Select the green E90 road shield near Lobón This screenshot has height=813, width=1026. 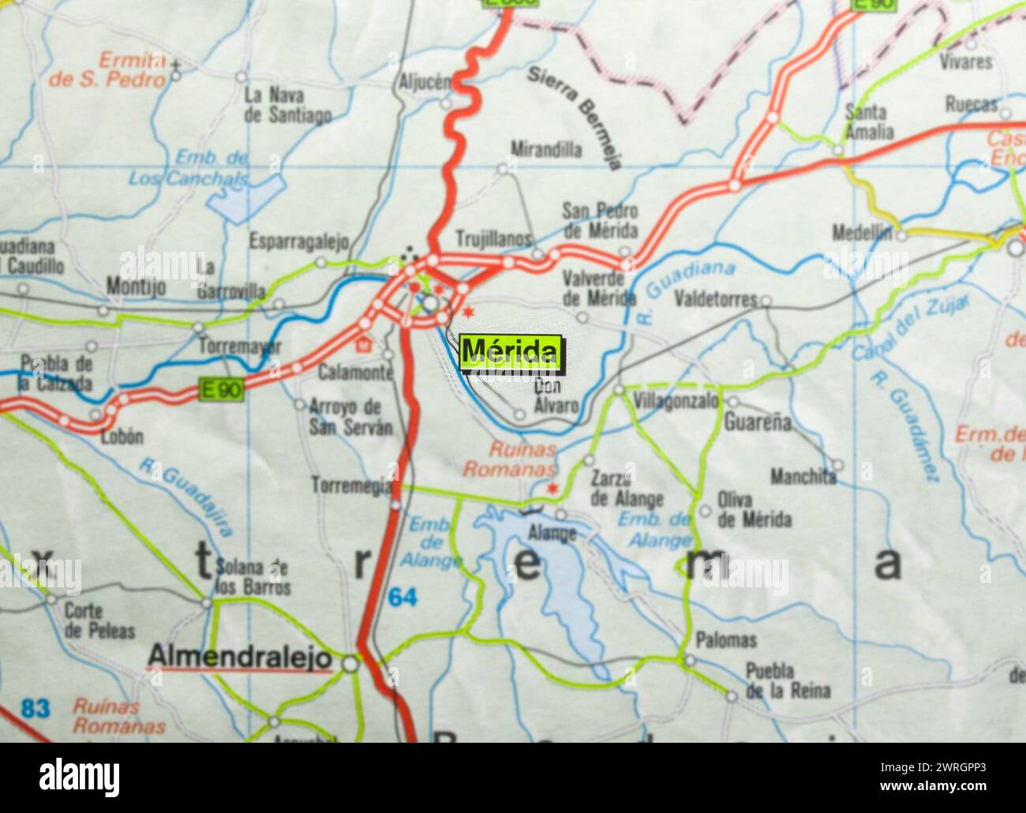[x=220, y=390]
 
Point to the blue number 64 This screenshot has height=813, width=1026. [x=402, y=598]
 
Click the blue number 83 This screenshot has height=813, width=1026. [x=35, y=708]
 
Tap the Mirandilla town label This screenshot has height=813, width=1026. [x=545, y=149]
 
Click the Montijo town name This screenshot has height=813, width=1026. [x=136, y=287]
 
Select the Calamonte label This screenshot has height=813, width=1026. [x=355, y=372]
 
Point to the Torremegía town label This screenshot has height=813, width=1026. [x=351, y=485]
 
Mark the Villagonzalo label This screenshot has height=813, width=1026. [x=677, y=401]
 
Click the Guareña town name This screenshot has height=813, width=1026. [x=758, y=422]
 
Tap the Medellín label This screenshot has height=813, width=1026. [x=862, y=233]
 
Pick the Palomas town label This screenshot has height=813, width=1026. [x=725, y=640]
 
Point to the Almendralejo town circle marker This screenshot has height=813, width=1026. [x=350, y=665]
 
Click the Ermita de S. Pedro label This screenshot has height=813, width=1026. [x=108, y=69]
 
